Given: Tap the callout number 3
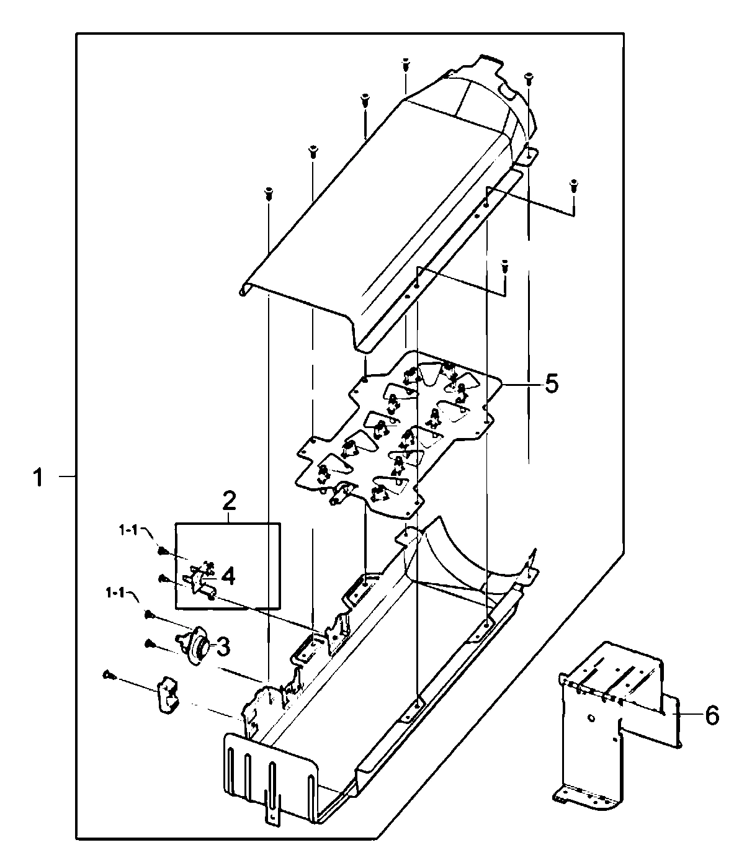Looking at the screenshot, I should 222,648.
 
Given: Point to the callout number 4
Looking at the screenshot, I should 228,576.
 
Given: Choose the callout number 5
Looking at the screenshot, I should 551,383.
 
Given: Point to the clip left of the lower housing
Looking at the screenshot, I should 168,694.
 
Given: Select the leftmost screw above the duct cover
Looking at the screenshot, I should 269,193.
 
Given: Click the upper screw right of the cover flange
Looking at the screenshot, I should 573,184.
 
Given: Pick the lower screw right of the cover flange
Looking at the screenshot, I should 506,266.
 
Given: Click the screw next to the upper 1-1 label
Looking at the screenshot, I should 163,550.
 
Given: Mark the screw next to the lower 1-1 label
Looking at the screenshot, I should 149,614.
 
